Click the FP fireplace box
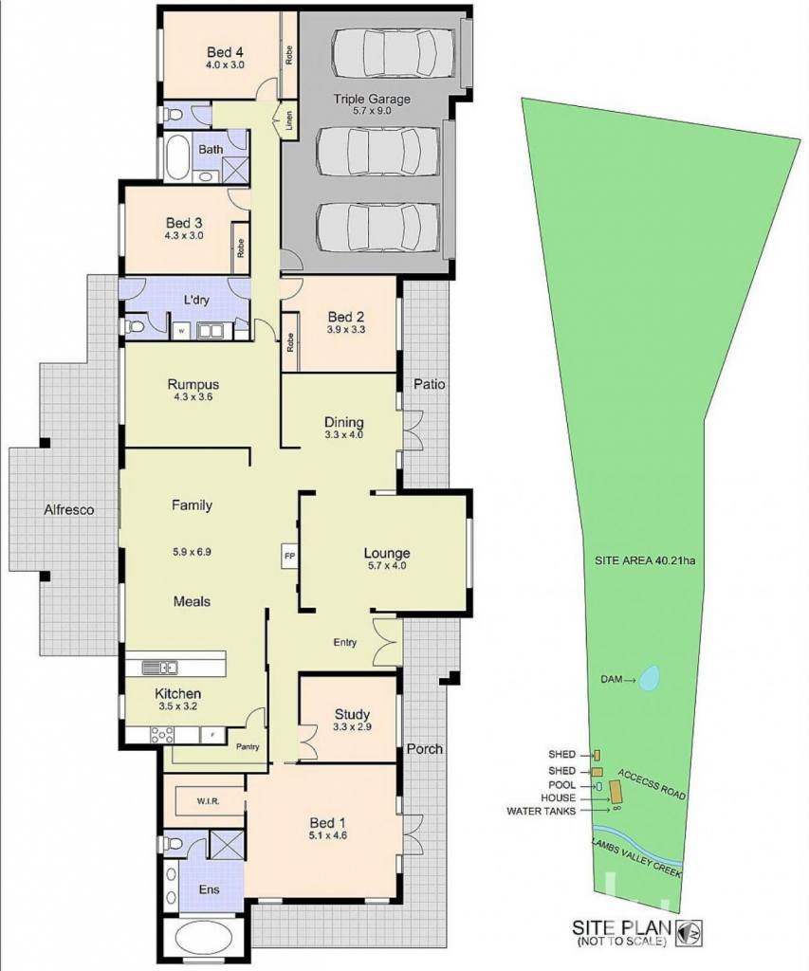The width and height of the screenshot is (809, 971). (289, 556)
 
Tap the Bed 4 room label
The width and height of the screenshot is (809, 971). (225, 52)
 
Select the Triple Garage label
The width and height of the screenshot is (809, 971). (372, 99)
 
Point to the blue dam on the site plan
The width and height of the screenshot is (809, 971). (649, 678)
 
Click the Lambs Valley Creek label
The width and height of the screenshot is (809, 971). (636, 857)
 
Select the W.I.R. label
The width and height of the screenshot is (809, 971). (208, 801)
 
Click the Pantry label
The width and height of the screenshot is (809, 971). (248, 746)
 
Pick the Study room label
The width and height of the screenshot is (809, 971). (352, 715)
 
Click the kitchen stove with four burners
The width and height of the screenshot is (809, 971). (162, 735)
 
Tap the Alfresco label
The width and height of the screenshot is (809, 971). (68, 509)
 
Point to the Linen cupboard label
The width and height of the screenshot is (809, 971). (289, 120)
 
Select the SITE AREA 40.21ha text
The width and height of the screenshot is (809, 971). (645, 561)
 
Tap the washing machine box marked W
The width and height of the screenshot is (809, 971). (181, 331)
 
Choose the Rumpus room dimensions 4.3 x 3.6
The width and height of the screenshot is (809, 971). (193, 397)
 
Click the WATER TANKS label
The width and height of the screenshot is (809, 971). (541, 811)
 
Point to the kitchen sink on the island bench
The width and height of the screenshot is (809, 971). (160, 668)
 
